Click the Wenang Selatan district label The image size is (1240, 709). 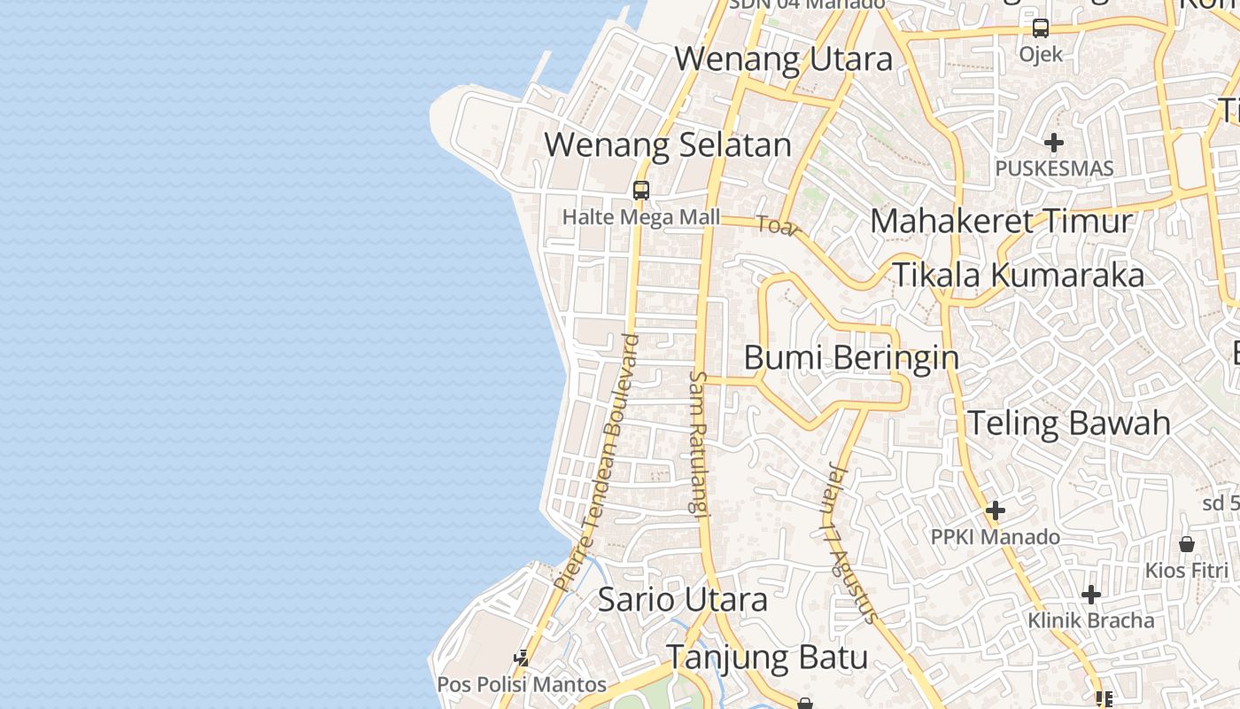(x=667, y=144)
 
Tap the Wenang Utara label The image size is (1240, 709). (x=783, y=59)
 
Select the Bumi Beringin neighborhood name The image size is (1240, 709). (x=850, y=358)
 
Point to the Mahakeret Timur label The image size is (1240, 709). (x=1001, y=221)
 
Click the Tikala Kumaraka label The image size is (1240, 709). (x=1018, y=276)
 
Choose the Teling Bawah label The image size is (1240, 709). (x=1068, y=423)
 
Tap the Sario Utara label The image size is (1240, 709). (x=682, y=599)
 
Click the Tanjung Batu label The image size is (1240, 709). (x=766, y=658)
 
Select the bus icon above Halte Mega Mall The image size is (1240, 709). (x=641, y=190)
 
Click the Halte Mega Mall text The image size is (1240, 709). (x=641, y=217)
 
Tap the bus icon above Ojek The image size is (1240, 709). (x=1041, y=28)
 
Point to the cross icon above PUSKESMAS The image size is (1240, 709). (x=1054, y=142)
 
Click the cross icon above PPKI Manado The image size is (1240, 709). (x=996, y=510)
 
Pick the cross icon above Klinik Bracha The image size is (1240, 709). (x=1091, y=594)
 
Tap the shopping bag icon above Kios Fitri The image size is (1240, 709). (x=1187, y=543)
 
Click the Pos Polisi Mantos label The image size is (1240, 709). (x=522, y=685)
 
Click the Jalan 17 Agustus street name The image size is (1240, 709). (x=849, y=542)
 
